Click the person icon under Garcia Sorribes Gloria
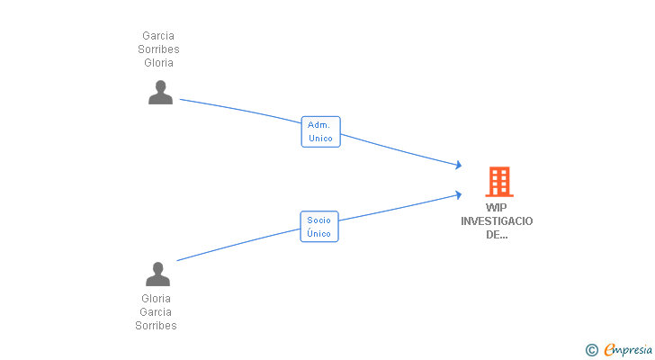point(160,93)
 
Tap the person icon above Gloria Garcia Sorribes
point(157,274)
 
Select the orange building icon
point(498,182)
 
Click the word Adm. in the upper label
point(319,124)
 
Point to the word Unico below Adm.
point(320,139)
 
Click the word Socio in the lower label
point(319,220)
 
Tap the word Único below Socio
point(319,234)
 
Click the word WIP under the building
point(497,207)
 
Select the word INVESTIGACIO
point(497,221)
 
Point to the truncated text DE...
point(497,235)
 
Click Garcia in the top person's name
point(158,36)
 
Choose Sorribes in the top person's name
point(158,49)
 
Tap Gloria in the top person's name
point(158,63)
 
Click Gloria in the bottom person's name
point(157,298)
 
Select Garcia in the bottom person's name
point(157,312)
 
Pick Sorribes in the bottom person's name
point(157,326)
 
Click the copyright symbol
point(591,349)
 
